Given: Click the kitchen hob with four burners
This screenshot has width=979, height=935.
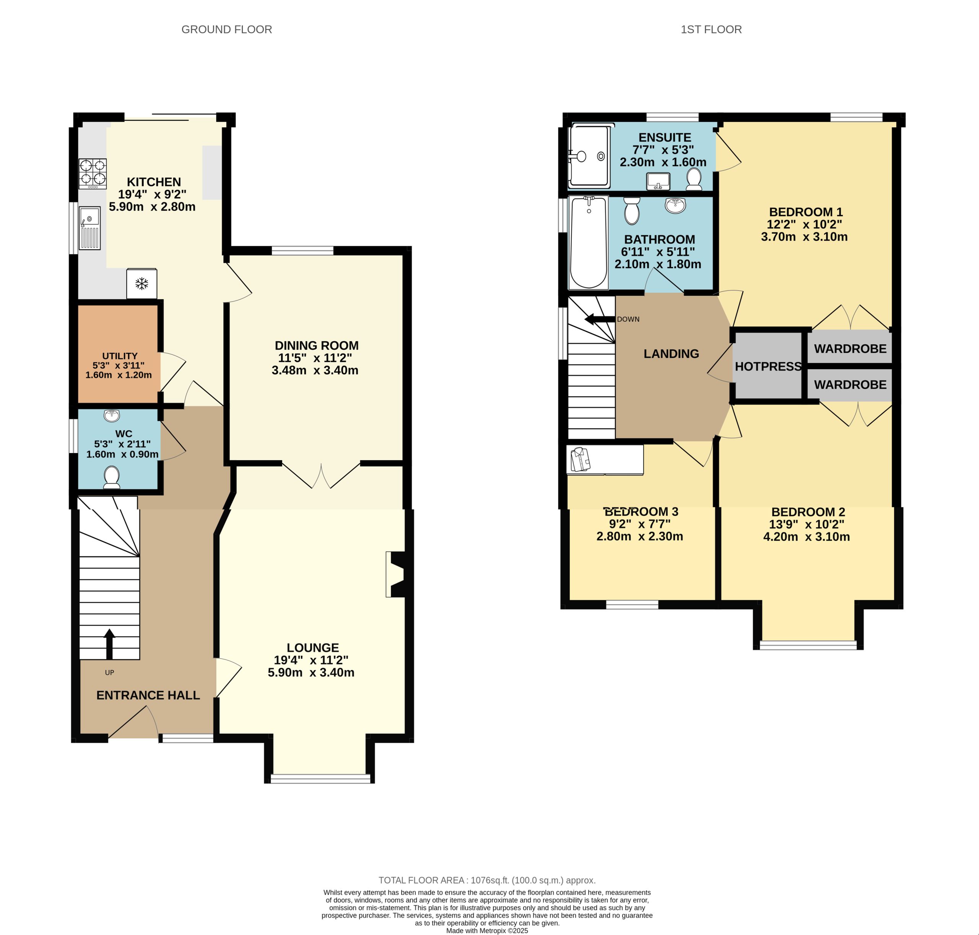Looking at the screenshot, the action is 93,173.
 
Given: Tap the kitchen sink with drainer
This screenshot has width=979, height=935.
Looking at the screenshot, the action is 90,228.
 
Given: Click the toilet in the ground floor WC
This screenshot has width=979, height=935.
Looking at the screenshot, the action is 112,477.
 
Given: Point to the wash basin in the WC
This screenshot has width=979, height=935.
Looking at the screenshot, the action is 112,415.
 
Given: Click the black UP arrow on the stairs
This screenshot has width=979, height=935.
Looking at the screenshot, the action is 109,644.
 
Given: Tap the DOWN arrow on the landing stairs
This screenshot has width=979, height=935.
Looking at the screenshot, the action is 599,319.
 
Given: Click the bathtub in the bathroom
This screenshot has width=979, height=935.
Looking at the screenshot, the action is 589,242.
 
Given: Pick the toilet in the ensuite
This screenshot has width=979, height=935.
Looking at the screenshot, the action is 693,179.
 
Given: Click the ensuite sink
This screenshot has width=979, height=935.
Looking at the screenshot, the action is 659,181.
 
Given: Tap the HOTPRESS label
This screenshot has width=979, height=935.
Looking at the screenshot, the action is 768,367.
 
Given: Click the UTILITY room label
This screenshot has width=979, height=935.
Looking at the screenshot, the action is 120,356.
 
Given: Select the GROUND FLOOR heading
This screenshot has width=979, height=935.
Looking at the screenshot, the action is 227,29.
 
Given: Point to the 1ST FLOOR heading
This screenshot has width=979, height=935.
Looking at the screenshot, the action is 711,29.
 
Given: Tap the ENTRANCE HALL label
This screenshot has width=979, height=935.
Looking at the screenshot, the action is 148,695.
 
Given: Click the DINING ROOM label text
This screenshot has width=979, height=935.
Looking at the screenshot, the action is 316,345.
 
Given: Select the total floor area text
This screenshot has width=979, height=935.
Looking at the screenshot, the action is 487,880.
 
